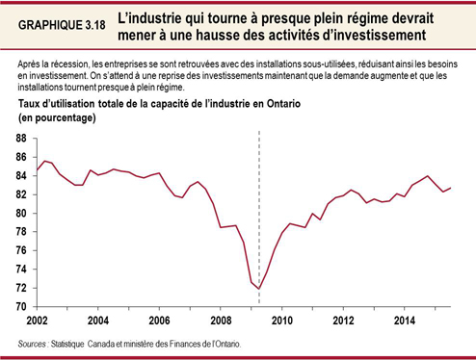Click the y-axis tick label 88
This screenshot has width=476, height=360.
[21, 138]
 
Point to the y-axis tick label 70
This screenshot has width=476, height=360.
[21, 307]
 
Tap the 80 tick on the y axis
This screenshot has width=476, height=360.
[21, 213]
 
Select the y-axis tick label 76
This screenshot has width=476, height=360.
[21, 250]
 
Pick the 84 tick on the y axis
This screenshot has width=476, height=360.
[21, 175]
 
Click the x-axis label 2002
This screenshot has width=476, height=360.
[37, 320]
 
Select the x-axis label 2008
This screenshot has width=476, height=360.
[221, 320]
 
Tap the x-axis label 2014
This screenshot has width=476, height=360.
[405, 320]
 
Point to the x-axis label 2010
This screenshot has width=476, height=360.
[282, 320]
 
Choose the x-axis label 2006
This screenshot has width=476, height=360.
[160, 320]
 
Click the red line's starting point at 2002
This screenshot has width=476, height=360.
[37, 170]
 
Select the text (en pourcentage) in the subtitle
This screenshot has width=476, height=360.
[57, 117]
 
